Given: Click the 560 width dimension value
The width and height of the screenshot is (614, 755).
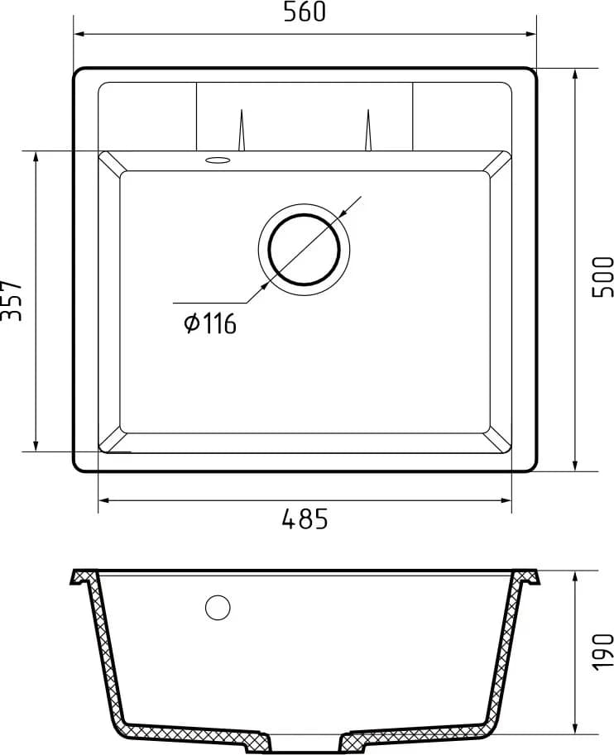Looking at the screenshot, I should point(304,12).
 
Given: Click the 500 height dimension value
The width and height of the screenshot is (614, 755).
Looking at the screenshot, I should point(602,277).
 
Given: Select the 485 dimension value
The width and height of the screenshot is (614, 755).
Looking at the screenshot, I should point(305,519).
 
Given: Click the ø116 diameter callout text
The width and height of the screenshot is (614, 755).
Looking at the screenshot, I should point(210,323).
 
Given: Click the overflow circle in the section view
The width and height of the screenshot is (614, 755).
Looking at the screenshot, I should point(218,608).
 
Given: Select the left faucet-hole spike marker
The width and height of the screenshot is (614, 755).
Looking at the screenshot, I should point(241,132).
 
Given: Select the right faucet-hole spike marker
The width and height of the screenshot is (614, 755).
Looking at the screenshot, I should point(368,132).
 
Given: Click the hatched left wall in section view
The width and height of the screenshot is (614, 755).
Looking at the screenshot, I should point(108,653).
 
